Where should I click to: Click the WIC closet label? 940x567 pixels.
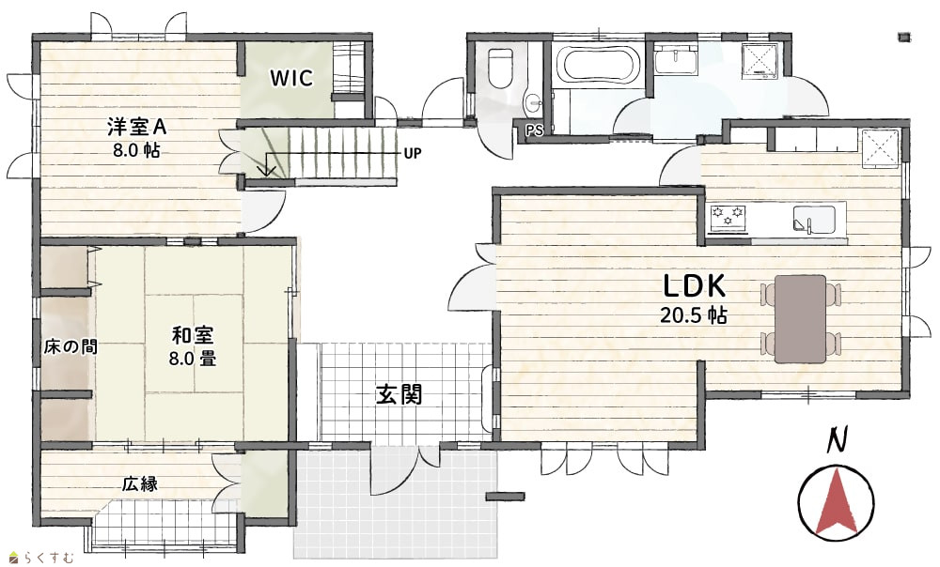coord(291,78)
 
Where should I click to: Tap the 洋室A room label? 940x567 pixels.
coord(136,127)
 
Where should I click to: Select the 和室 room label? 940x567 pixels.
coord(193,335)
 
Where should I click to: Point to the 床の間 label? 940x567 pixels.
coord(70,346)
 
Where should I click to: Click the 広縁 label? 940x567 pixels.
coord(140,483)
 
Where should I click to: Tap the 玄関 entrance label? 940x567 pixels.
coord(399,394)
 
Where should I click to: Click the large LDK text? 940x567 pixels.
coord(695,286)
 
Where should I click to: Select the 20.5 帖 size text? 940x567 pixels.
coord(694,314)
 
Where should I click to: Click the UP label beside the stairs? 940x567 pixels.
coord(413,154)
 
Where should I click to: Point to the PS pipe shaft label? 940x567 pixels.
coord(534,130)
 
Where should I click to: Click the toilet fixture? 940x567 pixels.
coord(502,67)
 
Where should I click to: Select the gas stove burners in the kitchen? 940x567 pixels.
coord(728,216)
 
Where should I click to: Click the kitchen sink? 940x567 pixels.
coord(815,219)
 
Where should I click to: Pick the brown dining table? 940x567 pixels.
coord(800,318)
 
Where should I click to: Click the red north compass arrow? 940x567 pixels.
coord(836,499)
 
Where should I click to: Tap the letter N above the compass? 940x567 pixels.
coord(837,440)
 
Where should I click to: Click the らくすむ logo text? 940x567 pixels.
coord(49,558)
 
